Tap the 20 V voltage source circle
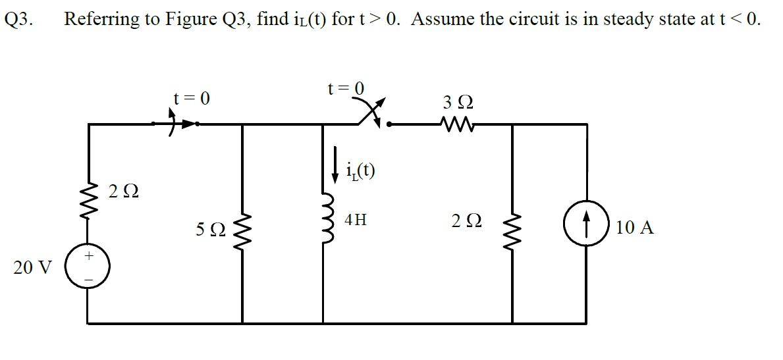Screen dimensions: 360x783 point(88,267)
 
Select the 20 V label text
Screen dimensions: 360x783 point(32,268)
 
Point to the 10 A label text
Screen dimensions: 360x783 point(635,228)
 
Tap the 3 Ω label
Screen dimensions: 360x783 point(458,103)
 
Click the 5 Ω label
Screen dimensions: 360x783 point(210,230)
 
